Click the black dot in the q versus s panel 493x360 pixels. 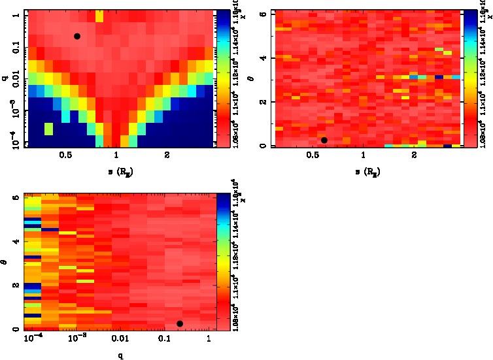pos(77,36)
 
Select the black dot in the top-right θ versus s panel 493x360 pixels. pos(324,140)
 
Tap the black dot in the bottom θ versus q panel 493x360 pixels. pos(180,323)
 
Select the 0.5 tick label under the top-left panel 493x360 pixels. pos(65,155)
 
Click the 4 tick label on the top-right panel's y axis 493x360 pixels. pos(262,58)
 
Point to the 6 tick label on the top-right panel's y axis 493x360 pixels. pos(262,14)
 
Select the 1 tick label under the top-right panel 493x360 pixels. pos(363,155)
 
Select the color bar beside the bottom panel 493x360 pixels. pos(222,261)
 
